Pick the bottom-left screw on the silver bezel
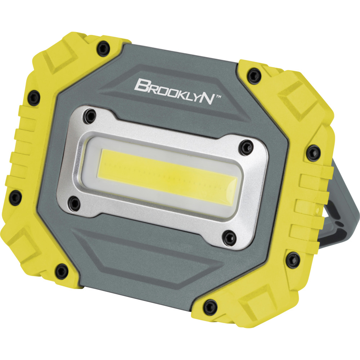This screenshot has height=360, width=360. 74,204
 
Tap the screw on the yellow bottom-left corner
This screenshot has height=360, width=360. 62,270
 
